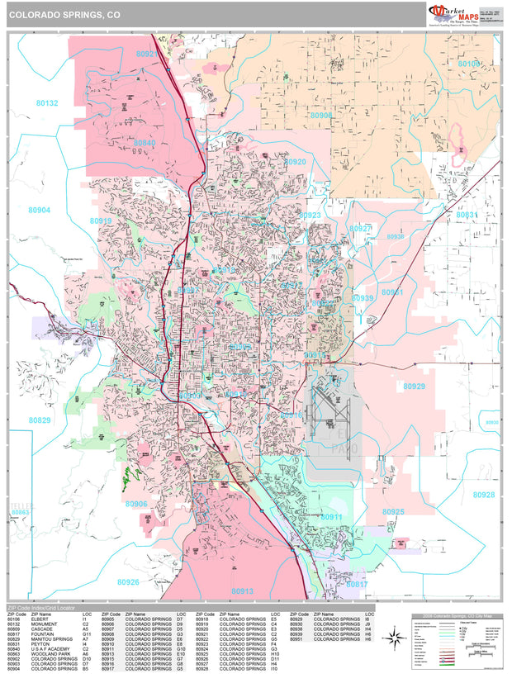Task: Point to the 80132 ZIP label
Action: (x=47, y=103)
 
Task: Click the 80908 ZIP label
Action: (x=321, y=116)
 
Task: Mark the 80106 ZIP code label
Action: (x=468, y=63)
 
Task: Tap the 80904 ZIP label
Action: (x=39, y=210)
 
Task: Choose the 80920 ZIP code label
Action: (x=295, y=162)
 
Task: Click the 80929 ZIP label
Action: (x=414, y=386)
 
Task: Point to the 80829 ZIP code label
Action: (x=39, y=420)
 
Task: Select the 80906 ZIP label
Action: (x=136, y=504)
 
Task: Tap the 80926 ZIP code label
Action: (x=128, y=582)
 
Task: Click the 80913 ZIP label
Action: (x=243, y=591)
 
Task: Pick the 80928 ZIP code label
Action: (x=484, y=495)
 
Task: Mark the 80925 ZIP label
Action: (x=394, y=512)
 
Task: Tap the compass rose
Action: (x=395, y=637)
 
